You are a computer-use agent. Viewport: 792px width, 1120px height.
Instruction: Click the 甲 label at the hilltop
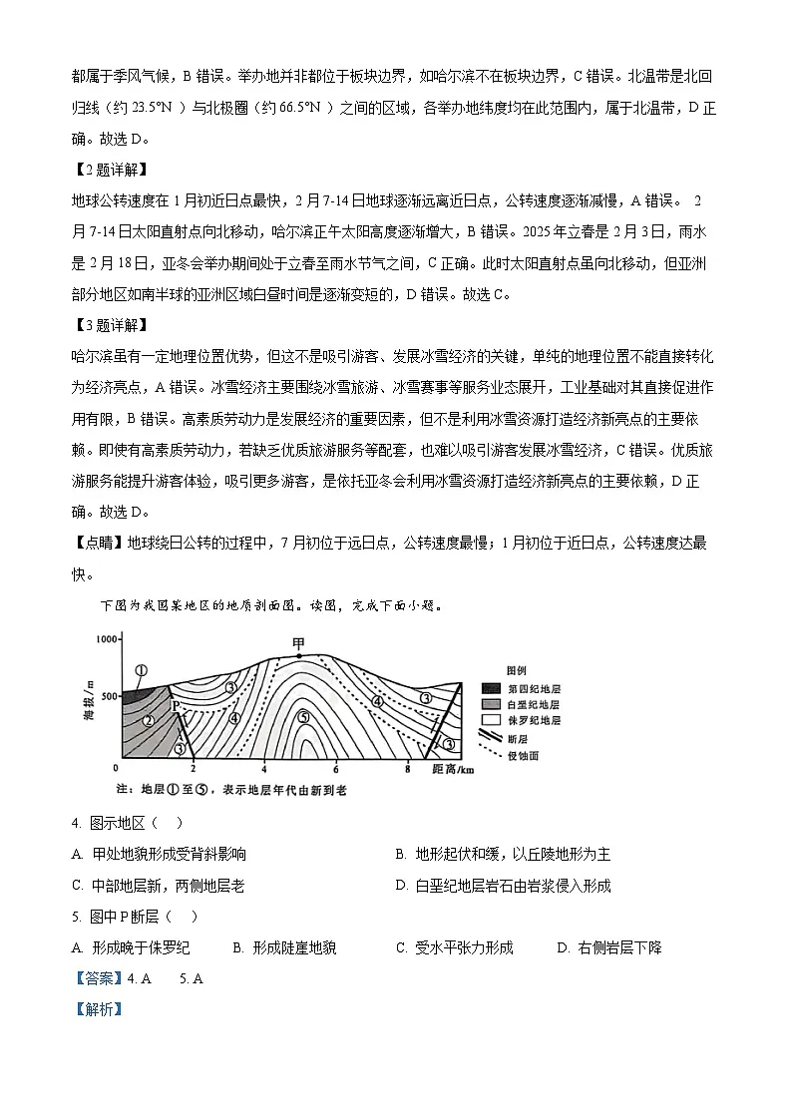point(298,644)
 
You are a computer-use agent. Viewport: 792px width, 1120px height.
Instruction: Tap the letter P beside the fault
point(176,706)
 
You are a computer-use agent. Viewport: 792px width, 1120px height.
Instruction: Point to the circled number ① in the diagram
point(142,671)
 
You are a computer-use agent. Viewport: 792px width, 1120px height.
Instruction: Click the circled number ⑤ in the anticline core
point(304,716)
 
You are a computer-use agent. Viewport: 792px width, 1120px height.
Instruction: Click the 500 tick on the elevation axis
point(107,695)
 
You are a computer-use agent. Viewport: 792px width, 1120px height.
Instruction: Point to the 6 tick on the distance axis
point(336,770)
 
